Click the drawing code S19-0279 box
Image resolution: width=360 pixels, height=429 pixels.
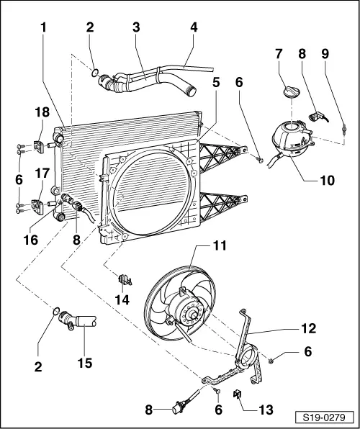click(x=325, y=417)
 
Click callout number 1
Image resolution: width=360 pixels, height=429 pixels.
click(x=43, y=27)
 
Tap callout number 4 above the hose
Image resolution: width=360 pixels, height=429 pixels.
click(x=194, y=27)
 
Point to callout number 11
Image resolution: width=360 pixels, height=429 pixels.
click(x=220, y=245)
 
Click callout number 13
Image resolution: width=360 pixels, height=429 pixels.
click(x=265, y=410)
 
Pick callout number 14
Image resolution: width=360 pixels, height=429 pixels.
click(x=122, y=299)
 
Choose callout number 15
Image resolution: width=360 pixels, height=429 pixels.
click(x=84, y=363)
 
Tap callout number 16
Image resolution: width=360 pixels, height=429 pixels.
click(x=31, y=240)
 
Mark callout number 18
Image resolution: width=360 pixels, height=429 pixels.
click(x=42, y=112)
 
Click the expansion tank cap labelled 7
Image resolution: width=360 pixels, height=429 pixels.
click(x=292, y=91)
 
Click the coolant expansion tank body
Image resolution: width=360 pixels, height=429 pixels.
click(x=292, y=140)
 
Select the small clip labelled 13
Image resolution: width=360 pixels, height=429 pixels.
click(x=238, y=394)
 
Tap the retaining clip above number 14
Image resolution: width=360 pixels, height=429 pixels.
click(x=125, y=279)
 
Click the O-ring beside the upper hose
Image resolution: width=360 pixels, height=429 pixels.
click(x=95, y=73)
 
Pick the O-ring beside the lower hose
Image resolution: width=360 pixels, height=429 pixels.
click(x=56, y=311)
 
